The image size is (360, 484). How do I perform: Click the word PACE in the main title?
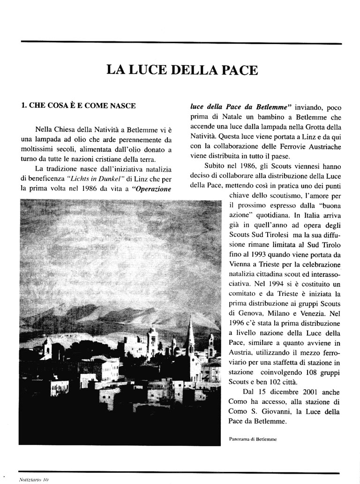238,70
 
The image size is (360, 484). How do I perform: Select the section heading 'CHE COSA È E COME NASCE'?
79,106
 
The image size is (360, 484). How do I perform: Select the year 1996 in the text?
239,324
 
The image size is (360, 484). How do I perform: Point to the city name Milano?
285,314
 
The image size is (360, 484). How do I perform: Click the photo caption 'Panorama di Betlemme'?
253,439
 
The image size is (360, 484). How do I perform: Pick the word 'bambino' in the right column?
270,117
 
